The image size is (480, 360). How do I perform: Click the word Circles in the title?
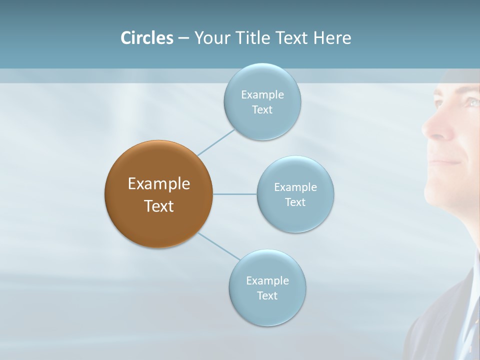pyautogui.click(x=147, y=38)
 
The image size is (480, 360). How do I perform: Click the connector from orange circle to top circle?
pyautogui.click(x=216, y=142)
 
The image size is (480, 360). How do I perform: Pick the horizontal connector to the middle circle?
pyautogui.click(x=234, y=194)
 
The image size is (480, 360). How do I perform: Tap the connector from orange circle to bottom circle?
pyautogui.click(x=219, y=246)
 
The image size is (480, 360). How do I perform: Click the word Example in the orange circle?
pyautogui.click(x=159, y=184)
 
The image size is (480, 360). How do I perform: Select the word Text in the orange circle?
pyautogui.click(x=159, y=206)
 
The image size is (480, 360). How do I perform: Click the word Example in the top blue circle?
pyautogui.click(x=262, y=95)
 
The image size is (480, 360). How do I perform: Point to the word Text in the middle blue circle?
pyautogui.click(x=295, y=202)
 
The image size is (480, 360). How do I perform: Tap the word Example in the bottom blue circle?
pyautogui.click(x=267, y=281)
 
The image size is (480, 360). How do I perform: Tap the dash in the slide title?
pyautogui.click(x=183, y=38)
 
